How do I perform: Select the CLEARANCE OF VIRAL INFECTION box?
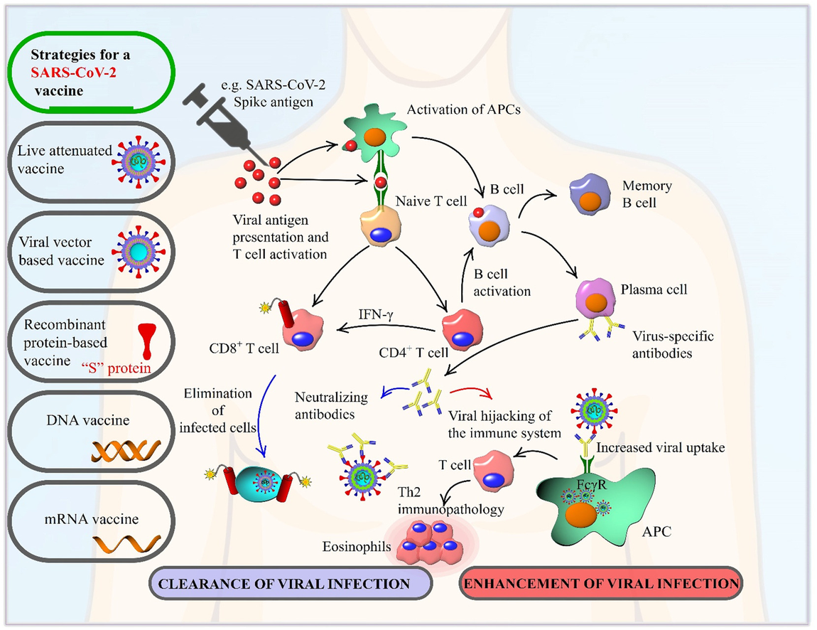(x=291, y=584)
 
